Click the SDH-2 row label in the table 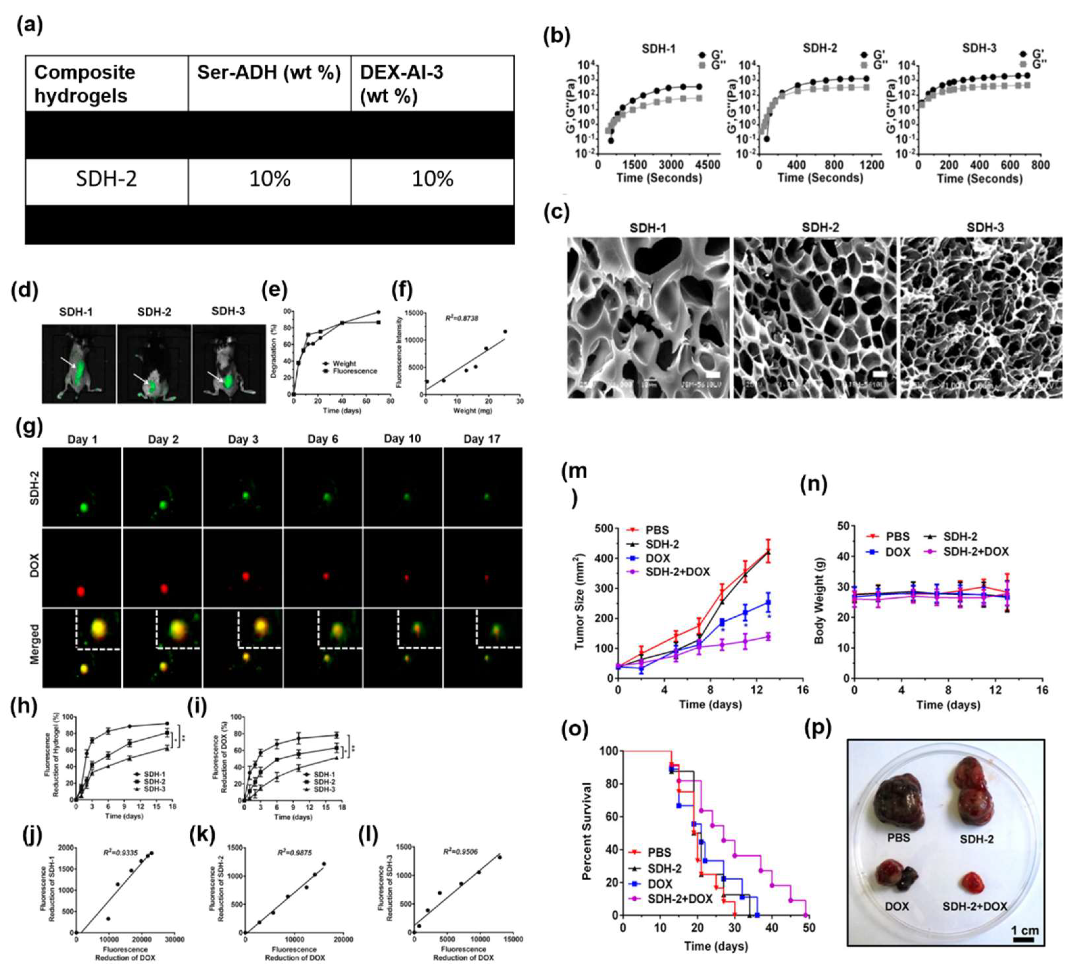(106, 178)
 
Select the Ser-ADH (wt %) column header (269, 73)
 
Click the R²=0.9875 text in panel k (295, 852)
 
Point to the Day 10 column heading (402, 439)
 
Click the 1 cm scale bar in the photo (1024, 939)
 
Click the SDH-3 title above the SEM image (985, 227)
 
